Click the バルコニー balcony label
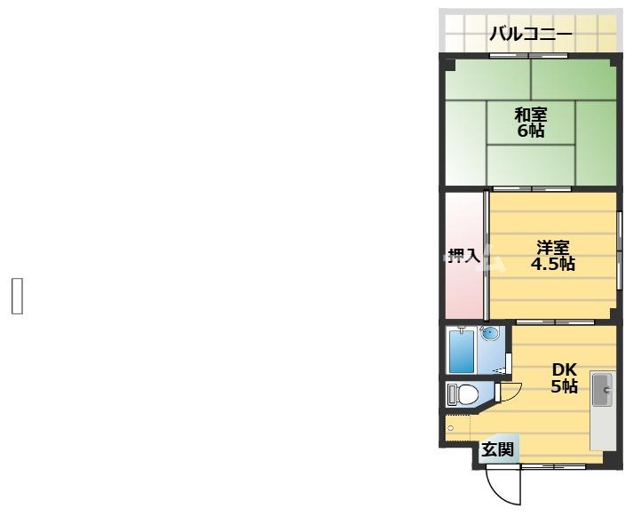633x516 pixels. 531,36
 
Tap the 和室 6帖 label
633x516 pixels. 531,122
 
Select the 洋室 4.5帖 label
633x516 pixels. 552,255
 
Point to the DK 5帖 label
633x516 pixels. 565,377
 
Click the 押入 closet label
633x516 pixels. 463,256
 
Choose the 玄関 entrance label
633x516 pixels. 497,449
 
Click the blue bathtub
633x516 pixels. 461,352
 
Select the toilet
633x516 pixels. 463,393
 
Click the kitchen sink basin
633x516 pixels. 602,387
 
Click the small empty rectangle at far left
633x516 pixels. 16,296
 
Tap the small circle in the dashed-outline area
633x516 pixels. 451,428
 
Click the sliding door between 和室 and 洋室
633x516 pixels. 532,189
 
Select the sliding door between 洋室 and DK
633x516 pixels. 555,322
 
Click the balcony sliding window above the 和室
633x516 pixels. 530,56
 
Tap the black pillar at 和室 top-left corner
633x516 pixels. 450,64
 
